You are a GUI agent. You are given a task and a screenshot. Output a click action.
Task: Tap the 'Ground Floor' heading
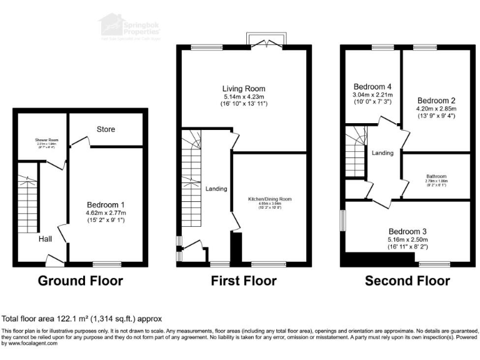[81, 281]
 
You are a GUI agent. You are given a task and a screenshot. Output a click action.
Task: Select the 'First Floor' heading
[244, 281]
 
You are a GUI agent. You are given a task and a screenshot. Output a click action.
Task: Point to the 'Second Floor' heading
[407, 281]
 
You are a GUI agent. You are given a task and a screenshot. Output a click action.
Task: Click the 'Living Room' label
[244, 88]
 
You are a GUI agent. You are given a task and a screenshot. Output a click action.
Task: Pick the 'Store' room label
[106, 129]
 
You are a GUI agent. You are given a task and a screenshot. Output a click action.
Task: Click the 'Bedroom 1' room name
[106, 204]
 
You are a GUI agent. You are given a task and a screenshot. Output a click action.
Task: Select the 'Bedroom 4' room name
[372, 87]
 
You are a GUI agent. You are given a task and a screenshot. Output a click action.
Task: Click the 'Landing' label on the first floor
[216, 189]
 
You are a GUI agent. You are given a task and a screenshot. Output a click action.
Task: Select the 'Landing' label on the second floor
[382, 152]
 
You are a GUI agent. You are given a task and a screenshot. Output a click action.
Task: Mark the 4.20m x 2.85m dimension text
[437, 108]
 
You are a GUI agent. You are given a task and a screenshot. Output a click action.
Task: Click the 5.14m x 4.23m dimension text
[244, 97]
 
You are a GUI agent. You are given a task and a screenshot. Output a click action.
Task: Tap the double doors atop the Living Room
[267, 42]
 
